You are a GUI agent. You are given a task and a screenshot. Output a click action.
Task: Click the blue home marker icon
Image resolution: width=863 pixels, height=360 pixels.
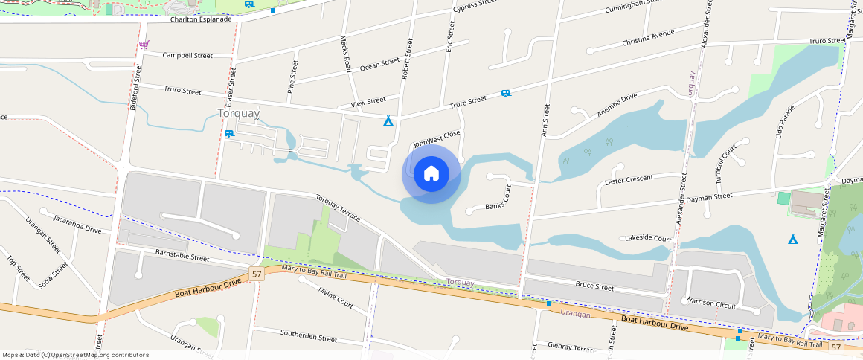coord(431,174)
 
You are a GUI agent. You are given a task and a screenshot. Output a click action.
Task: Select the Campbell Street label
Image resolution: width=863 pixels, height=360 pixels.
coord(187,55)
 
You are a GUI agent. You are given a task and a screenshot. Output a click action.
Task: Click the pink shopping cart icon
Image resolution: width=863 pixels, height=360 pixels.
coord(143,45)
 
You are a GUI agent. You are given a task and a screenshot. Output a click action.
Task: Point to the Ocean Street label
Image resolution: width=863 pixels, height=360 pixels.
coord(379,65)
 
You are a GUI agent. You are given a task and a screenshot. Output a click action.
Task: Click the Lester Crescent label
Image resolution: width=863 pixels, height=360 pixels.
coord(629,180)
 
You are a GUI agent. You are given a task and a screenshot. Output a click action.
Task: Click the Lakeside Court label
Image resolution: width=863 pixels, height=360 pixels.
coord(649,238)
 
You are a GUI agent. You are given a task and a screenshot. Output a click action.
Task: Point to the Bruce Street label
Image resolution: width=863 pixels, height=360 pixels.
coord(594,286)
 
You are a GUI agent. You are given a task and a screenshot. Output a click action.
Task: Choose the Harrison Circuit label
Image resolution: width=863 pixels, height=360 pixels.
coord(711,305)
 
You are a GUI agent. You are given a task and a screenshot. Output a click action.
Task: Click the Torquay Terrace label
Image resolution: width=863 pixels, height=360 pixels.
coord(338,208)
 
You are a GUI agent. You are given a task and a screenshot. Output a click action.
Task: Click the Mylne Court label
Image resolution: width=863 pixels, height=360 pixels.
coord(336,298)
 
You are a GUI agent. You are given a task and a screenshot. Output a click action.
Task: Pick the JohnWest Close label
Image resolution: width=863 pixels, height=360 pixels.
coord(437,138)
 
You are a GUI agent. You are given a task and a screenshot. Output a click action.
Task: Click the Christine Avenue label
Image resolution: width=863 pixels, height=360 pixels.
coord(648,37)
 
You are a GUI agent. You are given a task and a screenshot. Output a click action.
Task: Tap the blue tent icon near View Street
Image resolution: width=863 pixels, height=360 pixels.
coord(388,120)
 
